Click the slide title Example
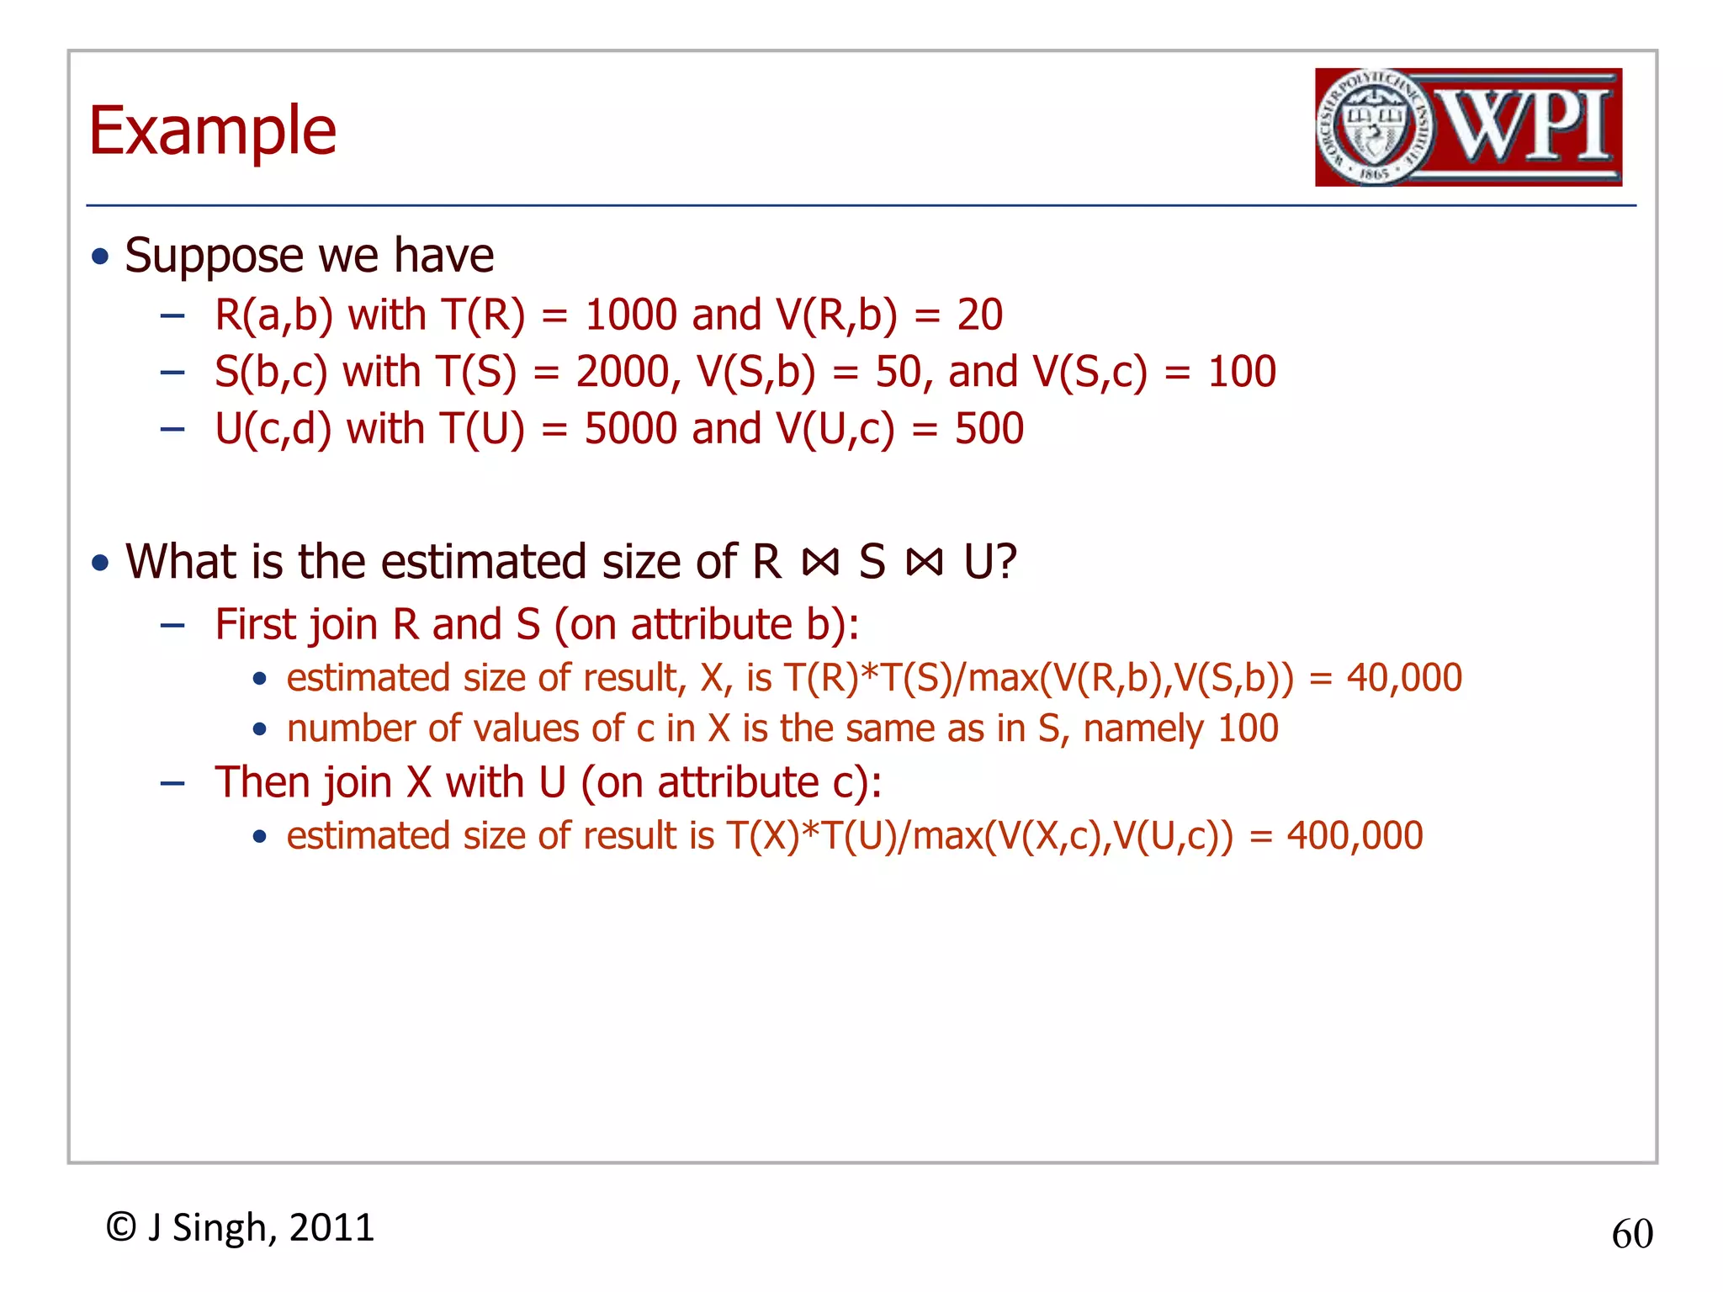(x=213, y=131)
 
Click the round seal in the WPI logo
(x=1373, y=127)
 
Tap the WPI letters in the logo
(x=1527, y=127)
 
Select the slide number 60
(x=1632, y=1234)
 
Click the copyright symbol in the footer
(x=121, y=1227)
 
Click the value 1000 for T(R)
(x=631, y=315)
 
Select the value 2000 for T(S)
(x=623, y=372)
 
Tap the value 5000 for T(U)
(x=631, y=429)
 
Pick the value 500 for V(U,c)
(x=989, y=429)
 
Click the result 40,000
(x=1404, y=678)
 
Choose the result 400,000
(x=1355, y=836)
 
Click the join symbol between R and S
(x=820, y=563)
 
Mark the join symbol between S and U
(x=925, y=563)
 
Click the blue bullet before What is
(x=101, y=562)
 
